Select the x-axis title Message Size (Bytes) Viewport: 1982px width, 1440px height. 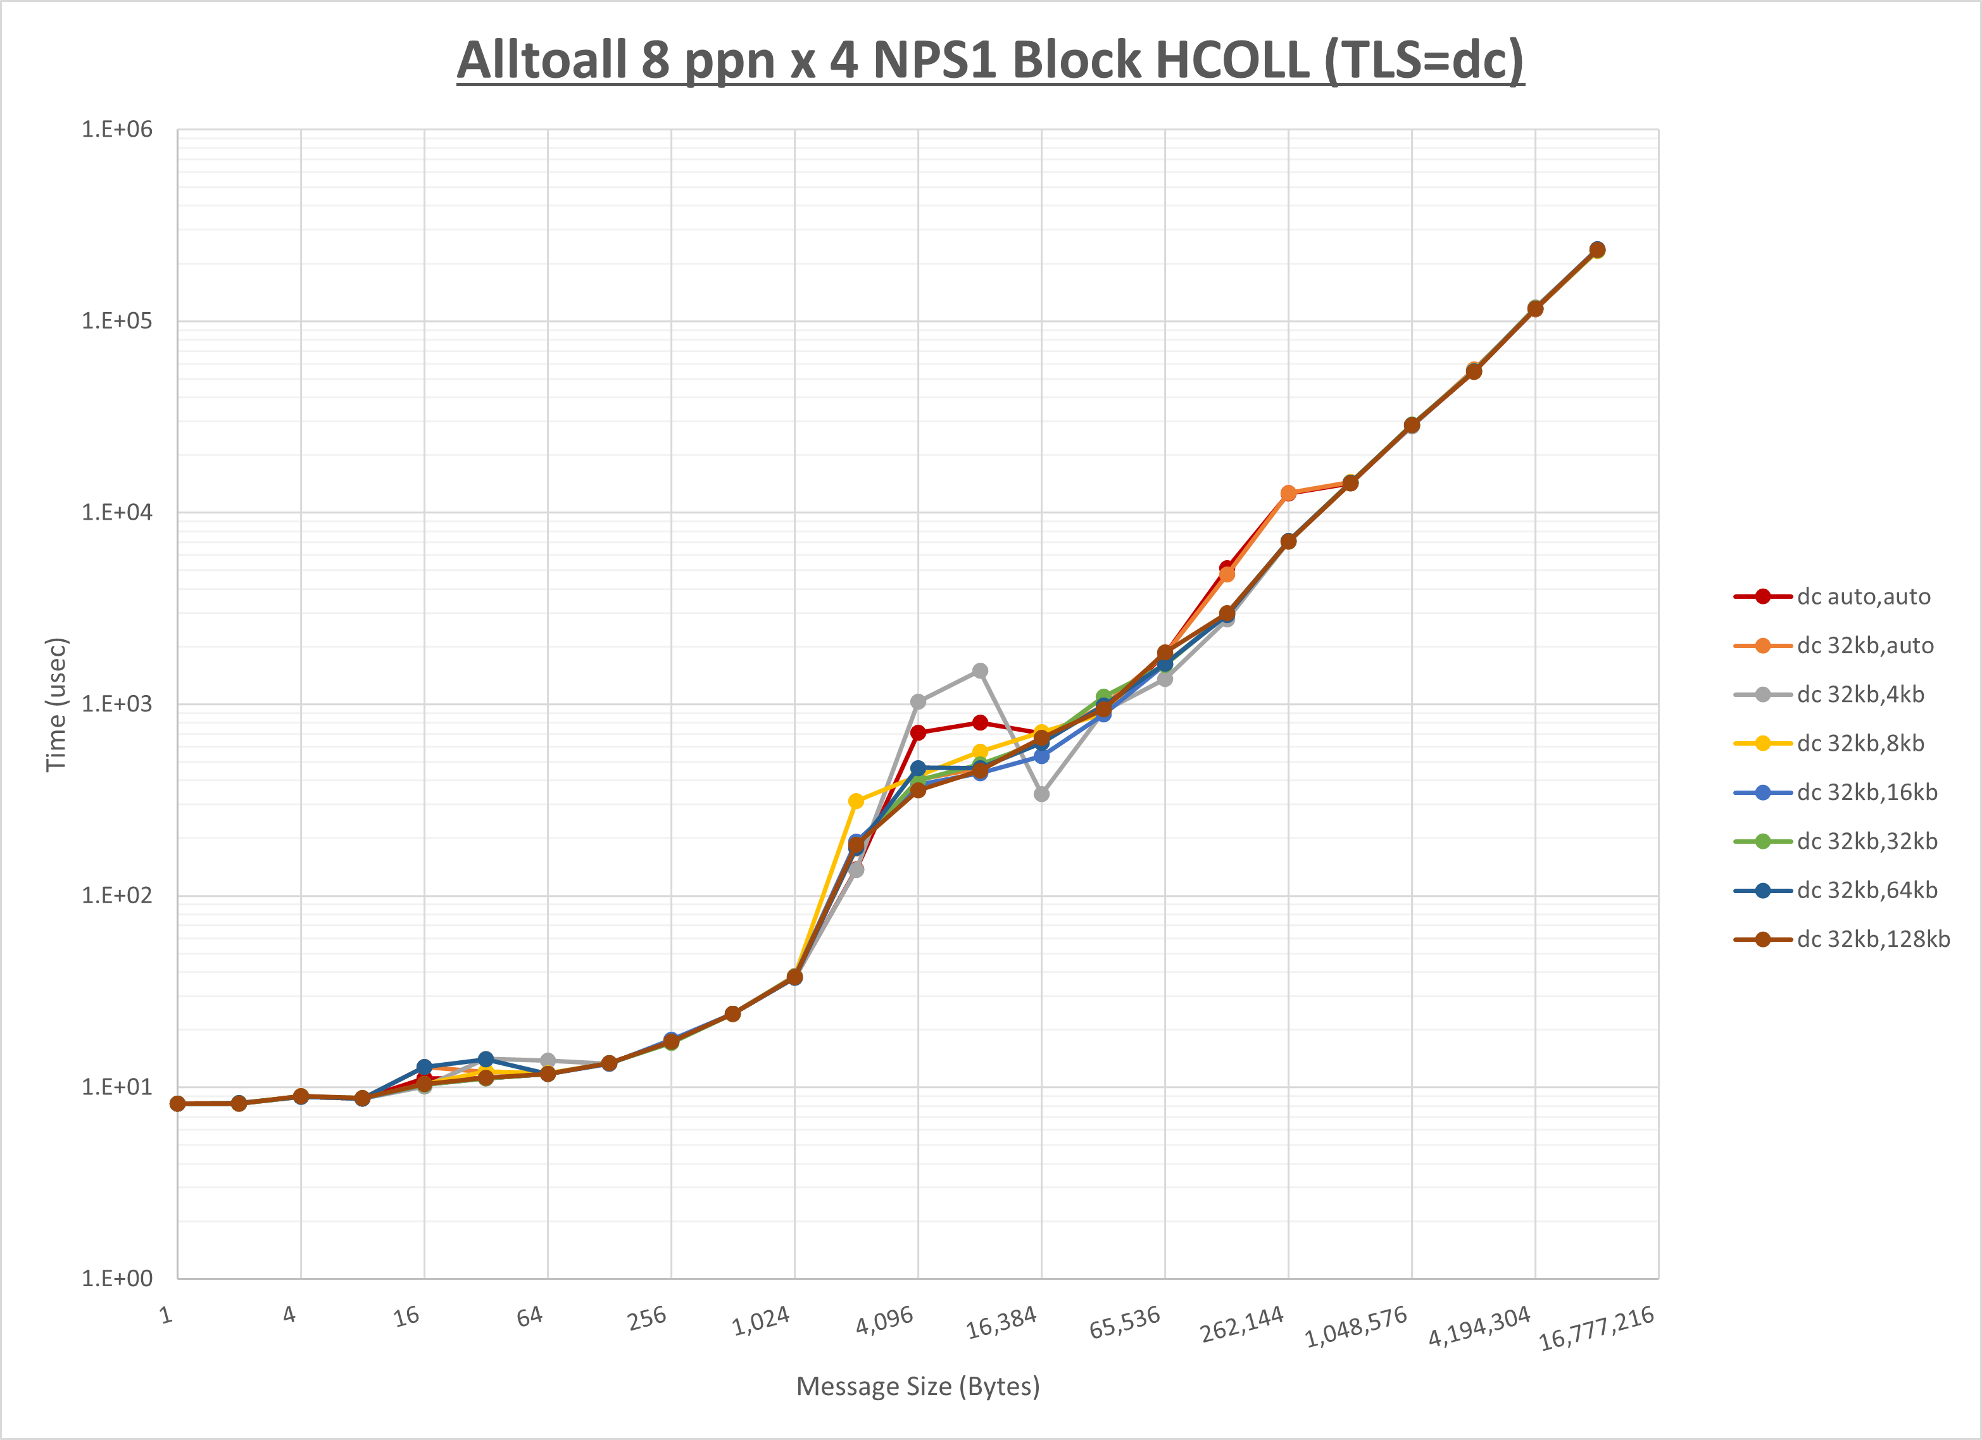click(918, 1386)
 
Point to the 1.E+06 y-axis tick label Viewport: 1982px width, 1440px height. click(117, 129)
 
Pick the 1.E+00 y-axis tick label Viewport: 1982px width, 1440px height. click(117, 1279)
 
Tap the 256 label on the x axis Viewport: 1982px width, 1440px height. click(648, 1318)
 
